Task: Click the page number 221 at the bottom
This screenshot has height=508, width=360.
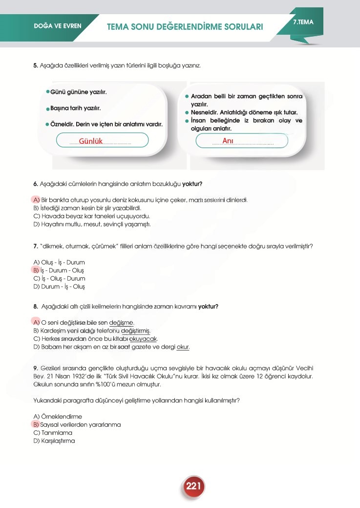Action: pyautogui.click(x=193, y=486)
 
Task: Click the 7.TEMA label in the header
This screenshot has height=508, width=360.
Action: pyautogui.click(x=303, y=22)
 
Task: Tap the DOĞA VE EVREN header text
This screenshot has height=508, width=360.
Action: pyautogui.click(x=58, y=26)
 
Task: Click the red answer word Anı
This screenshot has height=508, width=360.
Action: pyautogui.click(x=228, y=141)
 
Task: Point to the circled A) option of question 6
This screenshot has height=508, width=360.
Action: pyautogui.click(x=36, y=200)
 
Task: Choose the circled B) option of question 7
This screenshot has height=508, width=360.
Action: pyautogui.click(x=36, y=270)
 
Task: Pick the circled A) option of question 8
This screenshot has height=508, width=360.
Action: pyautogui.click(x=36, y=322)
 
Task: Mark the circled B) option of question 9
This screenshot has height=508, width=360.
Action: pyautogui.click(x=36, y=424)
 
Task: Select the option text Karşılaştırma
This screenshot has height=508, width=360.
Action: pyautogui.click(x=58, y=441)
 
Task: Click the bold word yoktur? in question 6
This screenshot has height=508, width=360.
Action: pyautogui.click(x=192, y=184)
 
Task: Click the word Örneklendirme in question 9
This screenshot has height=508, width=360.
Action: pyautogui.click(x=58, y=417)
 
